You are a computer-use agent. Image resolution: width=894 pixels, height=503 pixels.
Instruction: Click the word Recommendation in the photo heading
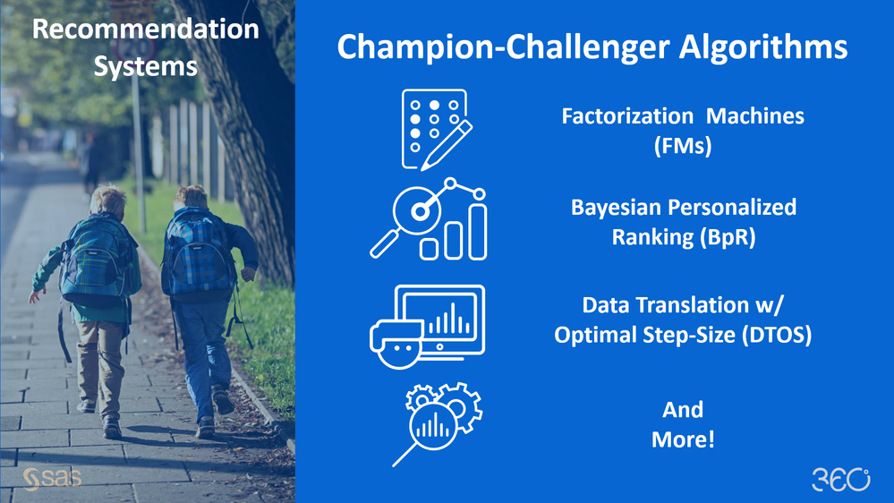[145, 29]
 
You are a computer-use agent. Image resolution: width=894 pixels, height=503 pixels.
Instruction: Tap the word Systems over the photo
[145, 66]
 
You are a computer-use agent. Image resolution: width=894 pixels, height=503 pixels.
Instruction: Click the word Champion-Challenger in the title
[503, 47]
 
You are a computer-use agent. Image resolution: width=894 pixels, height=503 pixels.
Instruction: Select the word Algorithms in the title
[762, 47]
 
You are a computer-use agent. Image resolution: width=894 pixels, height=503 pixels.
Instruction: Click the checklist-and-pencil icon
[437, 130]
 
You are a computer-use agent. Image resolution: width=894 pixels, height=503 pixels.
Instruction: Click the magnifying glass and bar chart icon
[428, 219]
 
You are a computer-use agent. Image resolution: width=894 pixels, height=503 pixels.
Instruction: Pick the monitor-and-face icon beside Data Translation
[427, 327]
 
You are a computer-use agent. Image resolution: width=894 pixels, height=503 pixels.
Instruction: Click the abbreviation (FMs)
[683, 145]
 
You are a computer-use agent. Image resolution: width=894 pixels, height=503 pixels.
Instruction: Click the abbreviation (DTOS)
[777, 334]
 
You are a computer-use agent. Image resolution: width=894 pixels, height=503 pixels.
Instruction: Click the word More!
[683, 439]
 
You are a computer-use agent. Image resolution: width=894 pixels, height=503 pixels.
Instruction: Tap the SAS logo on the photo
[53, 479]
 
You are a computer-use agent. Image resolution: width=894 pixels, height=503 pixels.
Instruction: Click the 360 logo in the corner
[841, 479]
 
